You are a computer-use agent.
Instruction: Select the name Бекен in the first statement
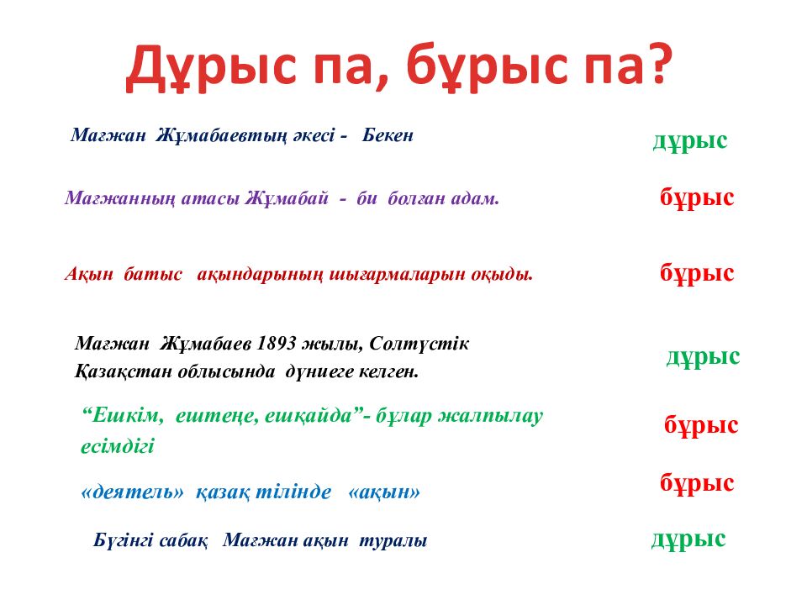[x=388, y=135]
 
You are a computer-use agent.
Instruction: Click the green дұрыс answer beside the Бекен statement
[x=689, y=140]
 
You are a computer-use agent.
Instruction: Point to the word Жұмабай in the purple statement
[x=287, y=199]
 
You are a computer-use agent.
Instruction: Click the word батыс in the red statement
[x=154, y=274]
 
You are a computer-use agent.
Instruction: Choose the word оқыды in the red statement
[x=504, y=274]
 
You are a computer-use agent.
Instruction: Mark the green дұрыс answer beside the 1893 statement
[x=703, y=356]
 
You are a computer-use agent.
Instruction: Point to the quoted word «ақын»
[x=383, y=493]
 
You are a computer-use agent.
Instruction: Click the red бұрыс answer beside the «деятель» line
[x=697, y=483]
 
